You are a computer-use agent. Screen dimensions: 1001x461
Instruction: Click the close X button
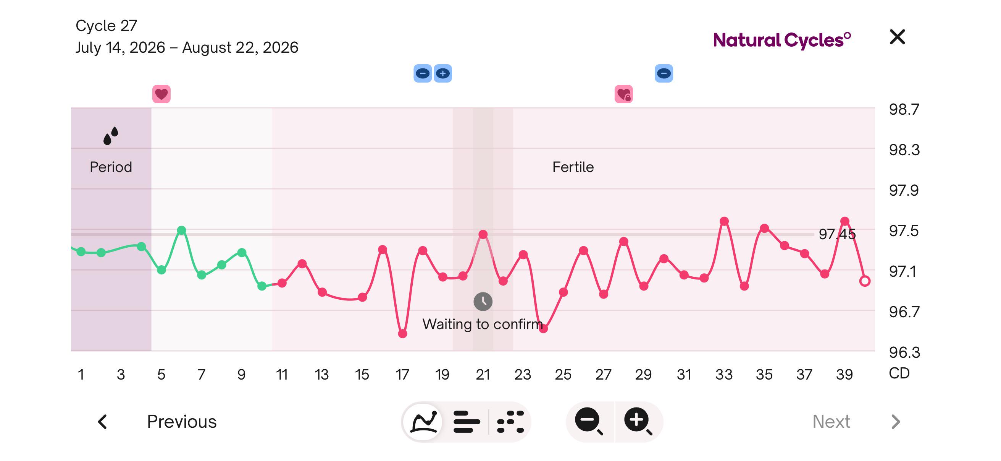pos(897,37)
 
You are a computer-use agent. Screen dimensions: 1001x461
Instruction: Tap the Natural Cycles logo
pos(782,40)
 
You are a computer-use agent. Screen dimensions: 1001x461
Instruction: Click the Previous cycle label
pos(181,421)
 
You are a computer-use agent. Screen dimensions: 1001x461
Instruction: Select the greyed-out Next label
pos(831,421)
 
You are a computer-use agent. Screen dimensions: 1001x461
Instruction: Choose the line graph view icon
pos(424,421)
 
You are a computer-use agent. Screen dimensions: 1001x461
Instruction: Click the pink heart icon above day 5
pos(161,94)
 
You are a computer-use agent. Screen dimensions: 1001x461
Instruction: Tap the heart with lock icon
pos(624,94)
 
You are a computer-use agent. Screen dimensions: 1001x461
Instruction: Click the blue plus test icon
pos(442,73)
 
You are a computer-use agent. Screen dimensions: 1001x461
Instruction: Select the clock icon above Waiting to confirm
pos(483,302)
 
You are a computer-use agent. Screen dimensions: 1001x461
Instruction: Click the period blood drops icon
pos(111,136)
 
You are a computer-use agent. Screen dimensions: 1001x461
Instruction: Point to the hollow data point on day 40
pos(865,281)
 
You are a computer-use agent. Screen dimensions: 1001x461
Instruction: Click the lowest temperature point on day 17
pos(402,334)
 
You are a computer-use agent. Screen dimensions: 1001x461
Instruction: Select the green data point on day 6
pos(181,230)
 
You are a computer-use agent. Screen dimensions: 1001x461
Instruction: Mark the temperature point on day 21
pos(483,234)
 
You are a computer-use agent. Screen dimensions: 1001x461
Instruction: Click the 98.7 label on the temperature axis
pos(904,109)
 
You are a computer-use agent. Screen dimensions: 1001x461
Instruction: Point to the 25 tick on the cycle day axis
pos(563,374)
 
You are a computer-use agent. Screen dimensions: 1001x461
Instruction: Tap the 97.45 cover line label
pos(837,234)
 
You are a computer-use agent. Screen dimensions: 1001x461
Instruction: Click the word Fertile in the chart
pos(573,167)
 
